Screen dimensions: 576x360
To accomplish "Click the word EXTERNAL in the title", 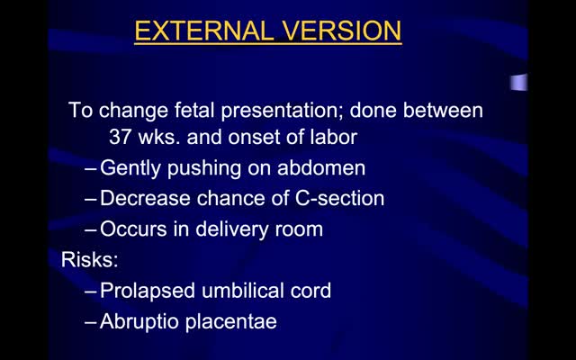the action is click(204, 31).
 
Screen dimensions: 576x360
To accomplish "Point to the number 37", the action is click(121, 137).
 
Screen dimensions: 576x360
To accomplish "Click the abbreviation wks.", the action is click(159, 137).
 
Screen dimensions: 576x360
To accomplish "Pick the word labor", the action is click(334, 137).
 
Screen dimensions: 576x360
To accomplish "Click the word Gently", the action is click(130, 168).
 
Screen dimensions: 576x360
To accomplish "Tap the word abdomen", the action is click(321, 168).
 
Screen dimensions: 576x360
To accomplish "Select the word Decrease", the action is click(146, 198).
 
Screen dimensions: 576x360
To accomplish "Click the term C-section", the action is click(340, 198).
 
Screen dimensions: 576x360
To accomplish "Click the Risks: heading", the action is click(90, 259).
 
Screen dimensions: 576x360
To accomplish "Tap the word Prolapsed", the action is click(148, 291).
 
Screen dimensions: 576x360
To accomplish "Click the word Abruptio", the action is click(139, 322).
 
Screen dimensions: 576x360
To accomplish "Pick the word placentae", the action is click(230, 322).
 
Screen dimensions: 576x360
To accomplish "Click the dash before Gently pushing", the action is click(91, 169).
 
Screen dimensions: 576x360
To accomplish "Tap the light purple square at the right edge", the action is click(518, 82).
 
